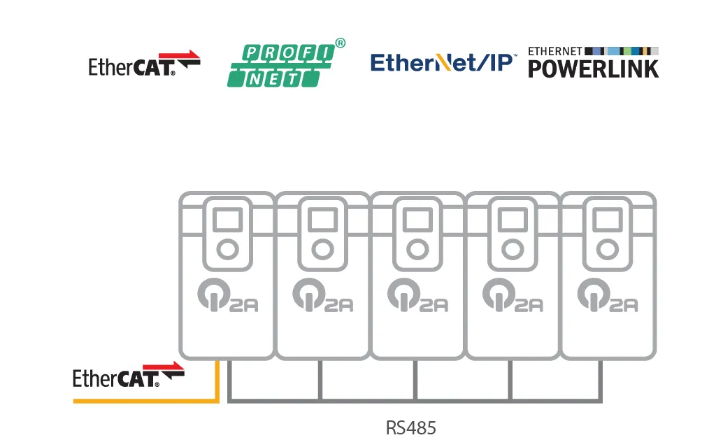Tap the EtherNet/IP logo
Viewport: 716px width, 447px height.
tap(443, 62)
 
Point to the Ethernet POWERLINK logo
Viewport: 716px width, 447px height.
tap(593, 63)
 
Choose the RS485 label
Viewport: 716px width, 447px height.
tap(411, 427)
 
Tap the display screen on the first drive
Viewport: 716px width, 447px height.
tap(226, 220)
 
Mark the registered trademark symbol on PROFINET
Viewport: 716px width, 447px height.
tap(341, 43)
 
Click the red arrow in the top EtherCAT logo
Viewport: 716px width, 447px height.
tap(185, 55)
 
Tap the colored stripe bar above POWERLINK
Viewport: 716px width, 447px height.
tap(622, 51)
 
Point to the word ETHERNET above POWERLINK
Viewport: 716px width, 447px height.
tap(555, 51)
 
